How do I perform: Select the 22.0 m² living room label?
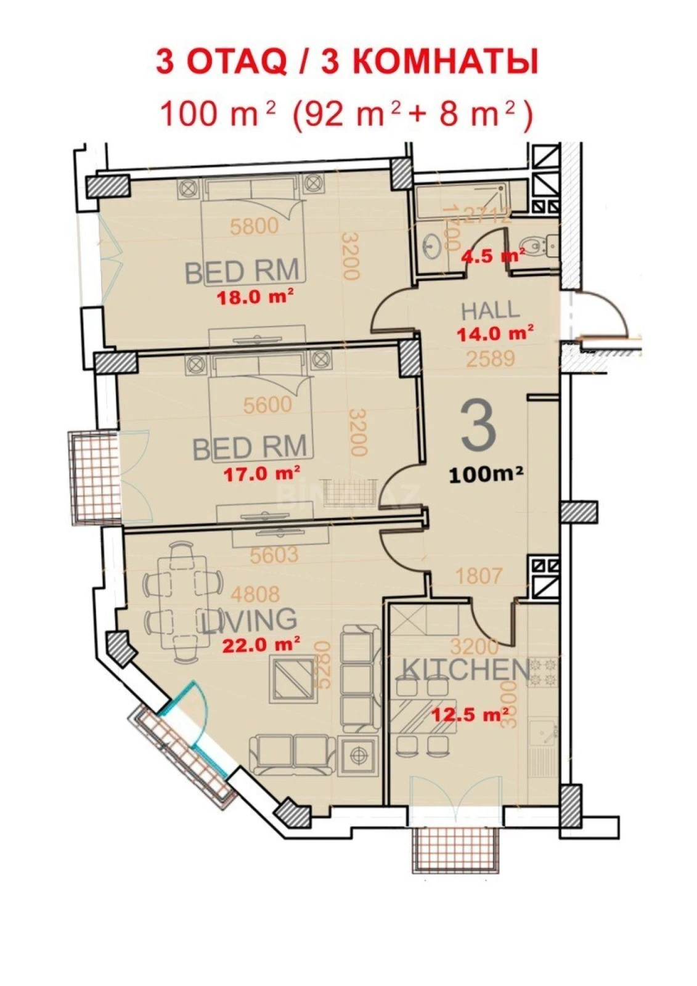(261, 645)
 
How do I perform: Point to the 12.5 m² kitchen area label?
(470, 715)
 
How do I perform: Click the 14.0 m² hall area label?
(495, 333)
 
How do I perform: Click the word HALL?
(490, 310)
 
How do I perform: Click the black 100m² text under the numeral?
(486, 474)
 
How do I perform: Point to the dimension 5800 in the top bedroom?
(254, 227)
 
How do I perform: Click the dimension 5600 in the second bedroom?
(267, 405)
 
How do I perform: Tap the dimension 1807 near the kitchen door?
(479, 576)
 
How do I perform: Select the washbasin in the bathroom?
(433, 245)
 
